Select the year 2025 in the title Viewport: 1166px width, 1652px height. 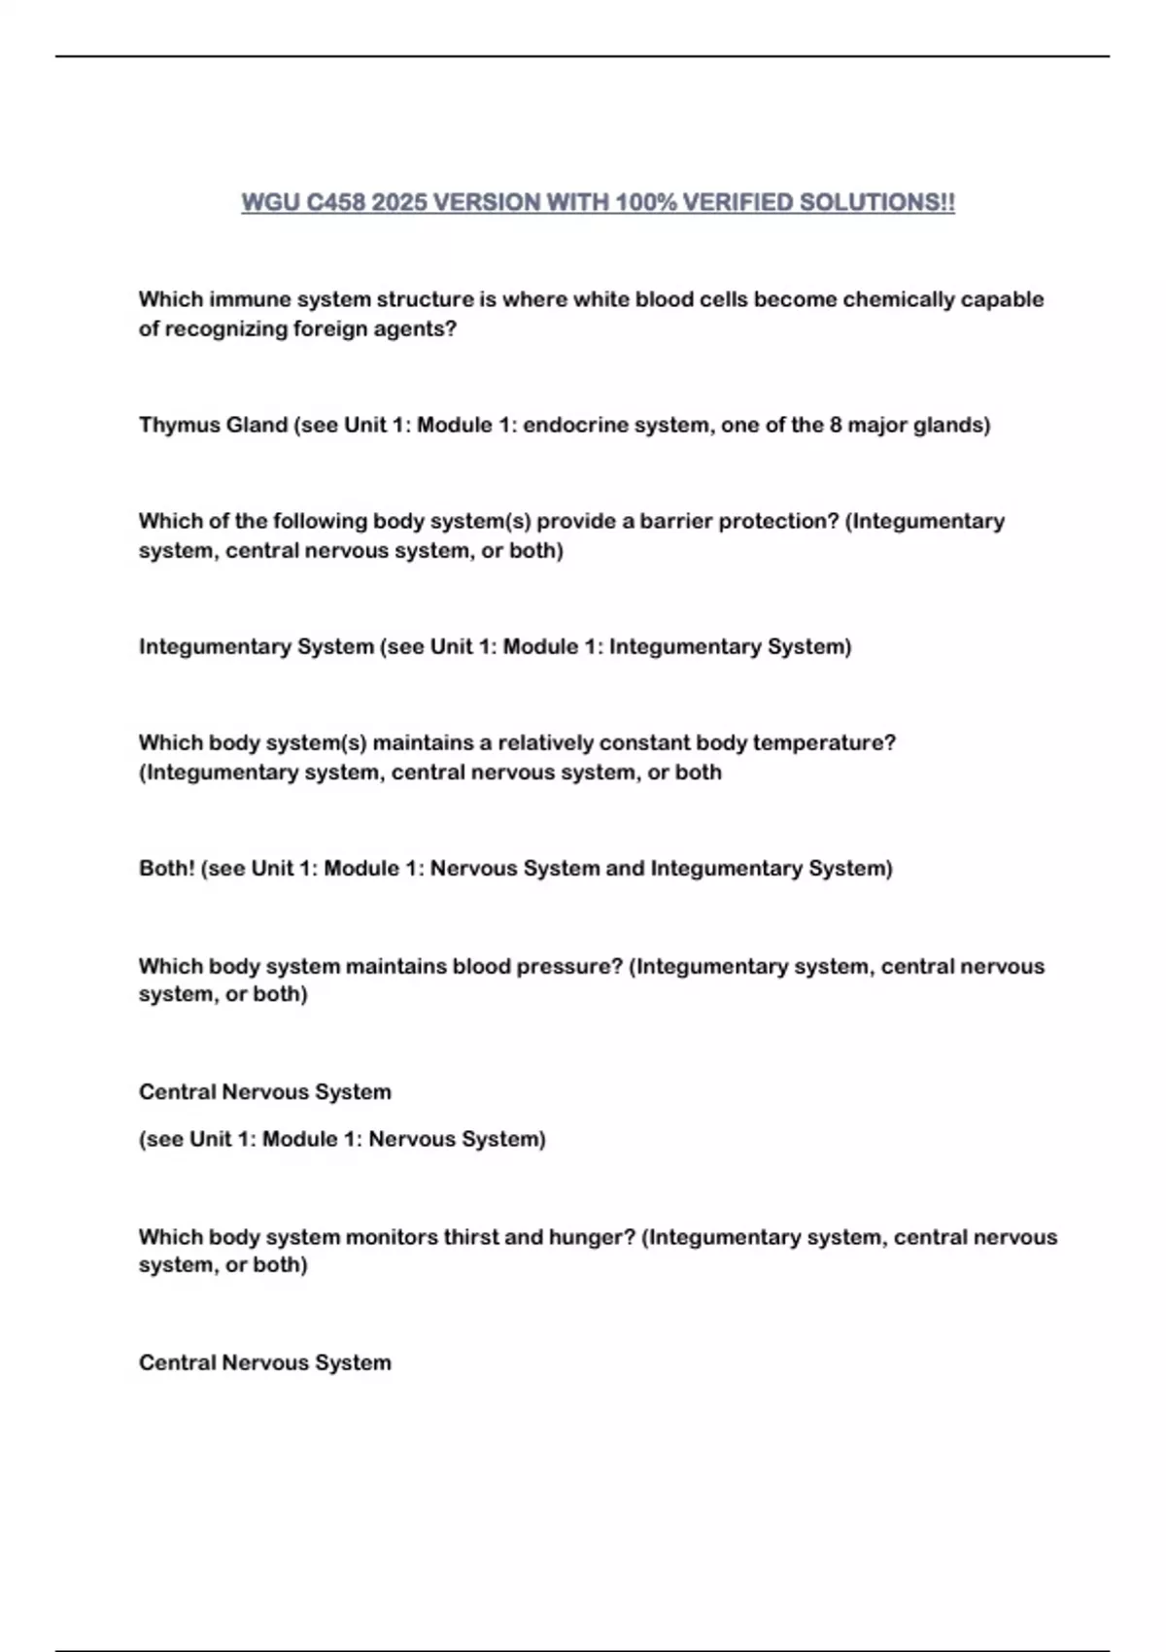(x=399, y=202)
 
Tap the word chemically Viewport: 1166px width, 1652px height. (x=899, y=299)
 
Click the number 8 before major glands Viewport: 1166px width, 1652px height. (x=836, y=425)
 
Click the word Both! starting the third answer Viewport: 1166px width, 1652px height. (x=166, y=868)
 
